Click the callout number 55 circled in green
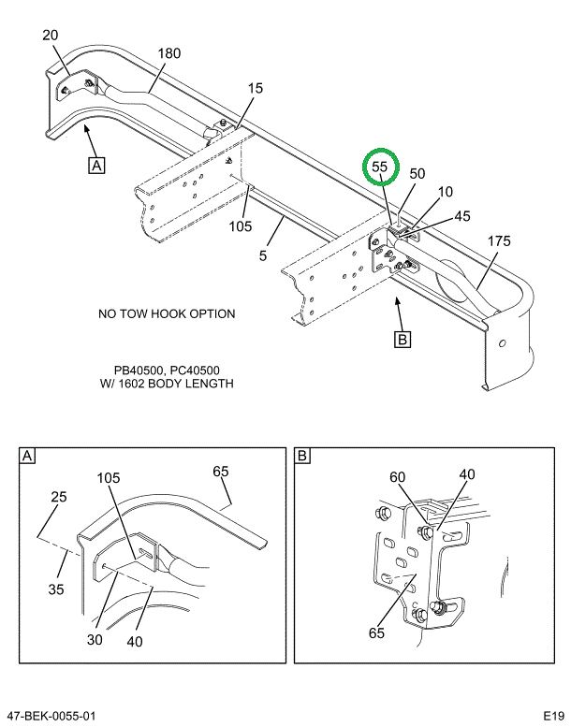tap(379, 167)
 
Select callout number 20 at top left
tap(51, 36)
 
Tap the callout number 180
tap(168, 53)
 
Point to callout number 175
tap(499, 241)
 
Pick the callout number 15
tap(256, 88)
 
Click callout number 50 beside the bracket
tap(417, 173)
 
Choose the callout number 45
tap(436, 216)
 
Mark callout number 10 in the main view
tap(446, 192)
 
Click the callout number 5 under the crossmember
tap(264, 254)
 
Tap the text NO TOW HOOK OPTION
tap(167, 314)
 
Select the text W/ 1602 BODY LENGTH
tap(167, 384)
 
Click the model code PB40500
tap(134, 371)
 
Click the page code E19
tap(549, 716)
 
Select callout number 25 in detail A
tap(59, 497)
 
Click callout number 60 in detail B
tap(398, 477)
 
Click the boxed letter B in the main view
tap(403, 340)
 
